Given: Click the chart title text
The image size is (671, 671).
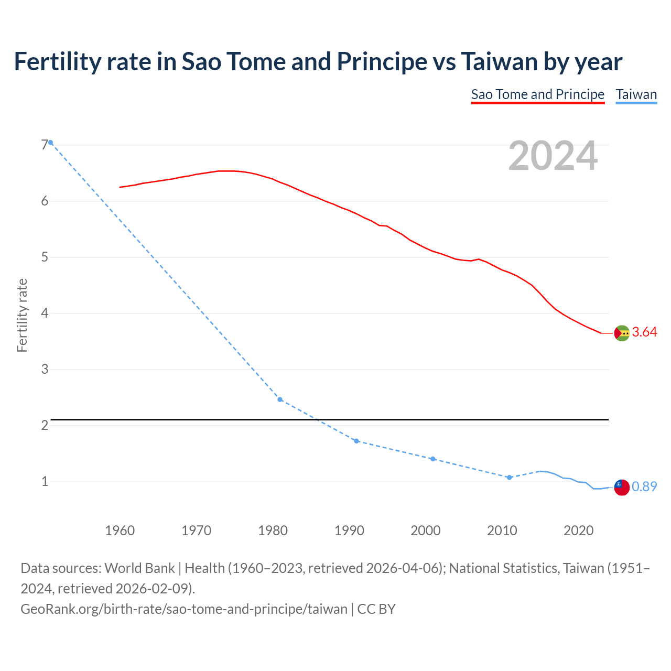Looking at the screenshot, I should (318, 62).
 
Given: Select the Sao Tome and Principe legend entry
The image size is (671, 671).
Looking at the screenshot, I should (537, 94).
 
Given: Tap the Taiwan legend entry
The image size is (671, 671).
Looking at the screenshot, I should (636, 94).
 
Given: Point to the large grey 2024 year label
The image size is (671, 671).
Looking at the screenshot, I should (553, 156).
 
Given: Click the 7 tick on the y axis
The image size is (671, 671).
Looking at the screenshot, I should (45, 145).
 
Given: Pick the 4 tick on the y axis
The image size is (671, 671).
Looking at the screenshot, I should (45, 313).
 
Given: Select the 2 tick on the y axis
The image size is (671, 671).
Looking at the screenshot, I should (45, 425).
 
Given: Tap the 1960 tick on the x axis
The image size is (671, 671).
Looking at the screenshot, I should (120, 531).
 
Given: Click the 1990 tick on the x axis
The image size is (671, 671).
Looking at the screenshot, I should (349, 531).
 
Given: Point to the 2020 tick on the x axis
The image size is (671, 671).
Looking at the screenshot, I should (578, 531).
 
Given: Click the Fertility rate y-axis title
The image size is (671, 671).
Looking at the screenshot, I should (22, 315).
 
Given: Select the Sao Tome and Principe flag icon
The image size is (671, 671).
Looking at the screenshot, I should (622, 333).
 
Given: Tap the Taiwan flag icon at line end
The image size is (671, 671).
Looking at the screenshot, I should (622, 487).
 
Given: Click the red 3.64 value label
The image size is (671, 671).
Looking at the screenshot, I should (644, 332).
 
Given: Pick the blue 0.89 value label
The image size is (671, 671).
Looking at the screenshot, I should (644, 487).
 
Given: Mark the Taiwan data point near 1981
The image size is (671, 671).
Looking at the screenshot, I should (280, 399).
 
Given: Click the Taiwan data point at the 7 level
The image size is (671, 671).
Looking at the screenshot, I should (50, 143).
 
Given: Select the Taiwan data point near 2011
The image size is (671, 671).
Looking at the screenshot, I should (509, 478).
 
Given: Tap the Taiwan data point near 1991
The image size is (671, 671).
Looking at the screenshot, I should (356, 441).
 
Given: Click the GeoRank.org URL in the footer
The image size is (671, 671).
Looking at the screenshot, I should (184, 609).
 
